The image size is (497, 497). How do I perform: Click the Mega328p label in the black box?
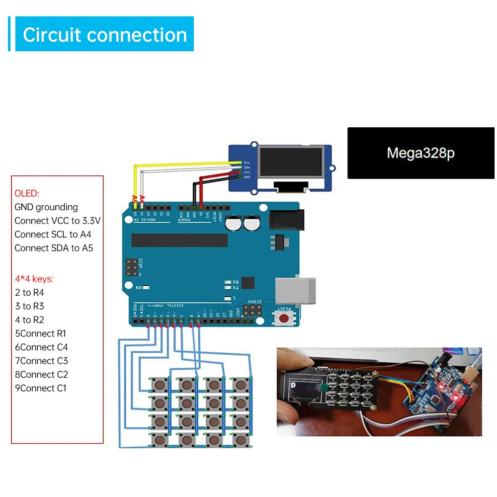[x=420, y=153]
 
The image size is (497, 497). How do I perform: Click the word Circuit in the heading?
[x=52, y=35]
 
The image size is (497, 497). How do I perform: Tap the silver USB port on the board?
[x=295, y=290]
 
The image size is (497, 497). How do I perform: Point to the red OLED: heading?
[x=27, y=193]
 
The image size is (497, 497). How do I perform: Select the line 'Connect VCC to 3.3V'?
[x=57, y=221]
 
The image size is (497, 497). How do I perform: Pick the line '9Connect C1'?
[x=41, y=388]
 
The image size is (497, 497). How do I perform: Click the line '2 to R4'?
[x=30, y=293]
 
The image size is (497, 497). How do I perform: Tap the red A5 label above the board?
[x=135, y=199]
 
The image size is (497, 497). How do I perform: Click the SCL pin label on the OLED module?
[x=247, y=163]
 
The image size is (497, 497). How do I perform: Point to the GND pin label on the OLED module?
[x=247, y=176]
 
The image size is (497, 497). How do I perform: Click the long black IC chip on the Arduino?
[x=179, y=241]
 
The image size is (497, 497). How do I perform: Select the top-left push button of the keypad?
[x=160, y=384]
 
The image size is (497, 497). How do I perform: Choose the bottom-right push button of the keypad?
[x=241, y=439]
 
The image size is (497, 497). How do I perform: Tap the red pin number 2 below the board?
[x=149, y=325]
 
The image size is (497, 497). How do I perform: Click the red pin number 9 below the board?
[x=199, y=325]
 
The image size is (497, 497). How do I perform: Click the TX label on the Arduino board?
[x=236, y=288]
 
